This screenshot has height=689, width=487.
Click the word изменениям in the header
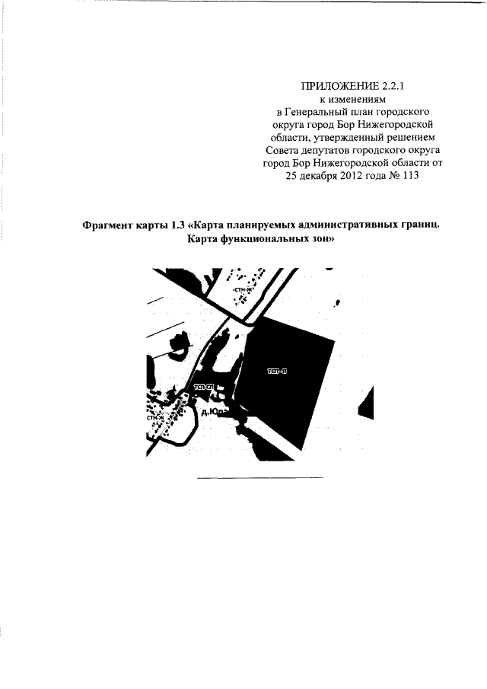point(357,98)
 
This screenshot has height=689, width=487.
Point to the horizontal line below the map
point(259,477)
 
